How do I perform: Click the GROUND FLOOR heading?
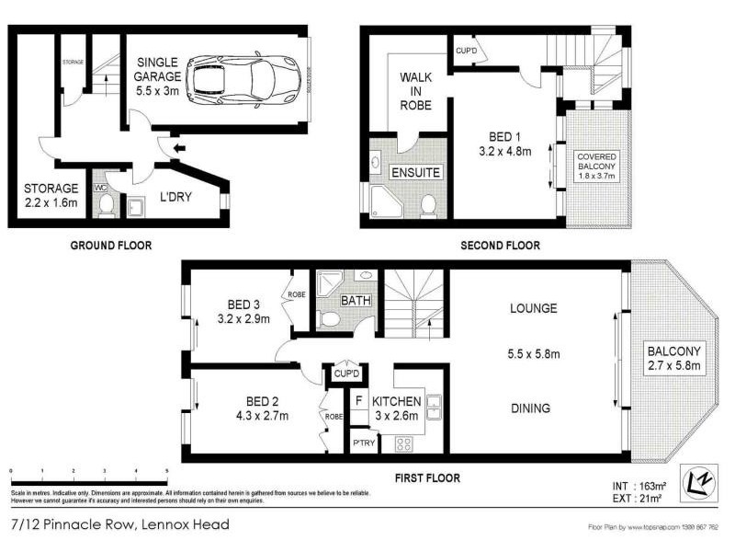(111, 245)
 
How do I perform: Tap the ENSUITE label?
(416, 172)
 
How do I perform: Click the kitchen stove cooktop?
(405, 443)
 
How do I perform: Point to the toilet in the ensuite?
(428, 205)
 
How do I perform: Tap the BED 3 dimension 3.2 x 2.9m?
(243, 319)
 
